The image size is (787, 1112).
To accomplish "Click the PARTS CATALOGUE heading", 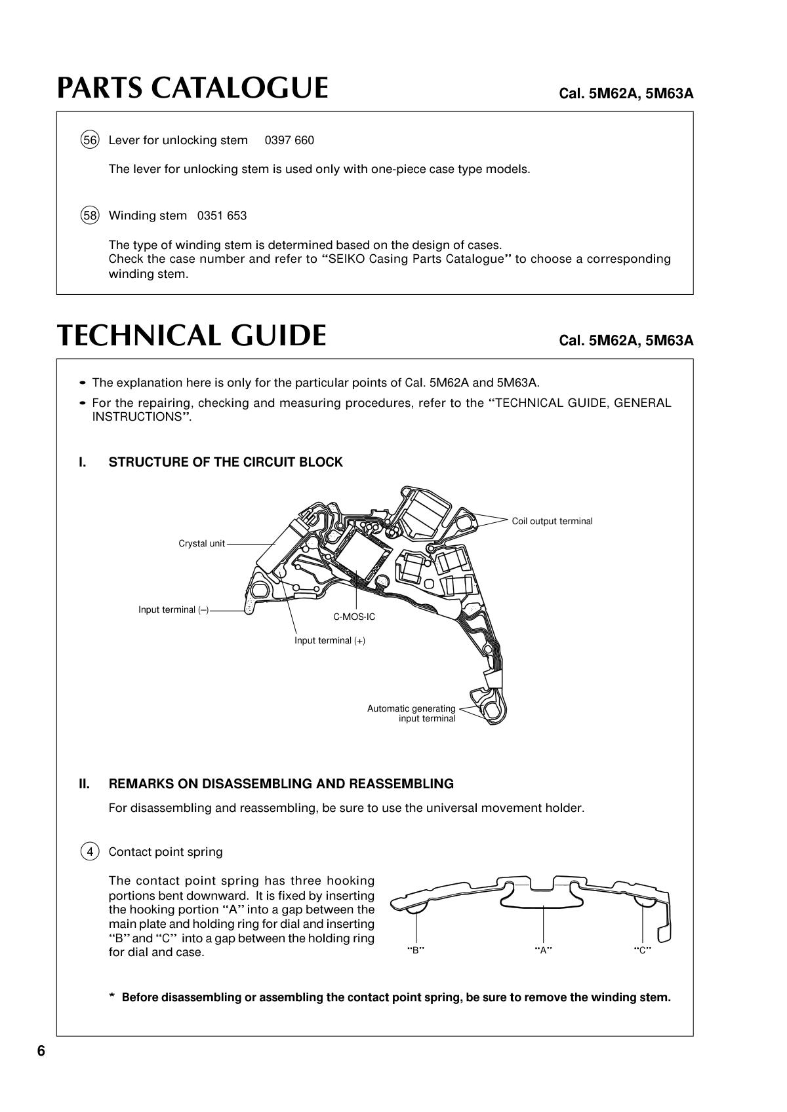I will [x=192, y=88].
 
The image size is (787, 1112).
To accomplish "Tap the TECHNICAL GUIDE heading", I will [x=192, y=336].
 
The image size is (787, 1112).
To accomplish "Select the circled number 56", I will [x=90, y=140].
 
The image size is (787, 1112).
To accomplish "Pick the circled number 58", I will [x=90, y=216].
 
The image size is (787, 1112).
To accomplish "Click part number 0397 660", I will [x=289, y=140].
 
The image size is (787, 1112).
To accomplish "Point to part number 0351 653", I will [x=222, y=216].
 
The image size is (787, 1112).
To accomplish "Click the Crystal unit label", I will [x=201, y=543].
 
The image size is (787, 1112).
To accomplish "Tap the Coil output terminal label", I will [x=552, y=521].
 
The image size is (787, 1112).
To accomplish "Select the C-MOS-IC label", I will [x=354, y=617].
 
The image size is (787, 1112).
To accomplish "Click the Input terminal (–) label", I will [x=173, y=609].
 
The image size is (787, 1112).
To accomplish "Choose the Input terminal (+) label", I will [x=329, y=640].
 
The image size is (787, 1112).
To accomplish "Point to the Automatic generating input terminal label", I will [x=411, y=714].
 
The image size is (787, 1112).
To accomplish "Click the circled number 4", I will [x=90, y=852].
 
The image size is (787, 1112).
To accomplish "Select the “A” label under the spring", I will [x=543, y=950].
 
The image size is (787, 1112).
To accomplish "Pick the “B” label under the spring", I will [x=416, y=950].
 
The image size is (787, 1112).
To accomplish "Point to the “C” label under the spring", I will [x=642, y=950].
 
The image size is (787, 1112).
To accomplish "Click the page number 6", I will [x=41, y=1051].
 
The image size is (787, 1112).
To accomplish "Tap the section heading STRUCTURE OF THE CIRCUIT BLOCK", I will [x=226, y=462].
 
